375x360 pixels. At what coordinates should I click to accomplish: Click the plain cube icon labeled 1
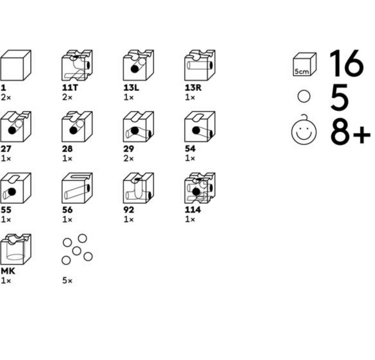click(x=15, y=66)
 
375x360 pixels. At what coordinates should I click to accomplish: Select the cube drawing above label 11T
click(x=77, y=66)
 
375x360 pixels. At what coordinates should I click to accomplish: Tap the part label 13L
click(x=131, y=88)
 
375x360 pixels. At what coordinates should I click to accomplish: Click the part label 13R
click(x=193, y=88)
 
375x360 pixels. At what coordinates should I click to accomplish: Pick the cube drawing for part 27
click(x=15, y=127)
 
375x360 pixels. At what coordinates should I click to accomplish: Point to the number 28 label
click(x=67, y=149)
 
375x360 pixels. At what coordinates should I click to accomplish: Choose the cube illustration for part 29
click(x=138, y=127)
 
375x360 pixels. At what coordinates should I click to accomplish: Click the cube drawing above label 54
click(x=200, y=127)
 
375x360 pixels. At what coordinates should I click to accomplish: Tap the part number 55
click(x=6, y=210)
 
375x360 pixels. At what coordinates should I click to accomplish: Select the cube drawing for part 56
click(x=77, y=188)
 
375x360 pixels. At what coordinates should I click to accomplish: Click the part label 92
click(x=129, y=210)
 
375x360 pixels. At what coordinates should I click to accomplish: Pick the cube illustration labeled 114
click(x=200, y=188)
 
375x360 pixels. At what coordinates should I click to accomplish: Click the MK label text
click(x=8, y=271)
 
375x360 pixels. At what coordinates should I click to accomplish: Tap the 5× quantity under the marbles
click(x=67, y=281)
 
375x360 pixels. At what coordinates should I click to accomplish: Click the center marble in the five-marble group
click(x=77, y=251)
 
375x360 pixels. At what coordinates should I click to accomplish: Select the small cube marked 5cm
click(x=304, y=65)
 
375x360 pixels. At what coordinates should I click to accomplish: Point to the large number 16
click(x=346, y=64)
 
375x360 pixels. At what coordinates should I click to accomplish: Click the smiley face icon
click(x=304, y=131)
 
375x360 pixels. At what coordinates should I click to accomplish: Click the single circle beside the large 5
click(x=304, y=97)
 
